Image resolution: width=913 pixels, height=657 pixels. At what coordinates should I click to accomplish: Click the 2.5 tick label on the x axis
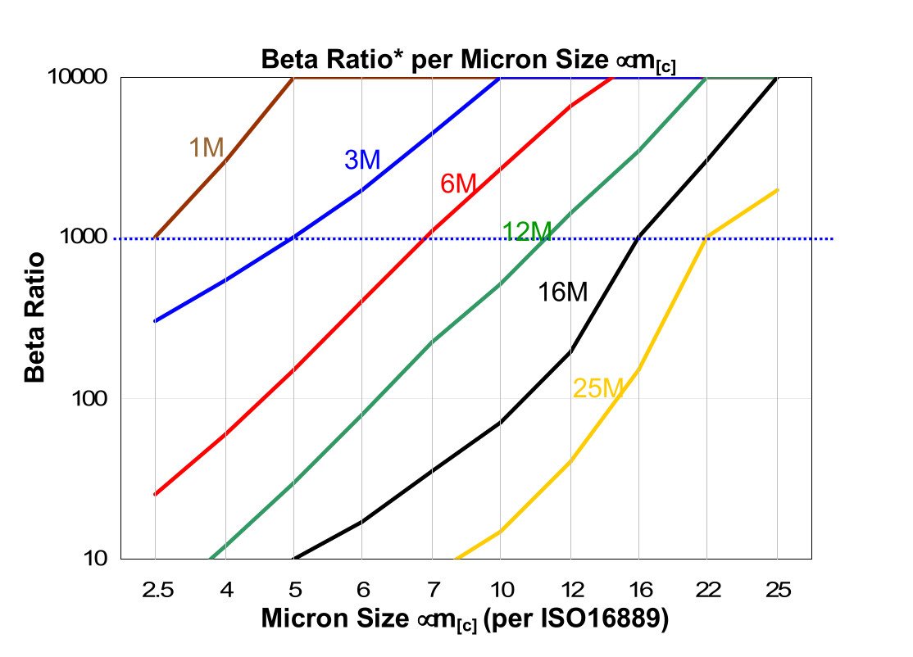coord(155,588)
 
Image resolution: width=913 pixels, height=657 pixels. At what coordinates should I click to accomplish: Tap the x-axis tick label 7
coord(431,588)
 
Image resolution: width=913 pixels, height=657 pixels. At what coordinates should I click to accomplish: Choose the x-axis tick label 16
coord(638,588)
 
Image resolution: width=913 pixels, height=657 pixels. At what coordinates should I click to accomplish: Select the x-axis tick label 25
coord(776,588)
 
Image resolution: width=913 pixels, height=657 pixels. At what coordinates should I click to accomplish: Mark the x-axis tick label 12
coord(570,588)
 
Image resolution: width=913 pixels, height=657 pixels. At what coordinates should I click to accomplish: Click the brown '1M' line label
coord(207,147)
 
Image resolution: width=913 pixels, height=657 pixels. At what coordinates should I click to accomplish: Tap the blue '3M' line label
coord(362,160)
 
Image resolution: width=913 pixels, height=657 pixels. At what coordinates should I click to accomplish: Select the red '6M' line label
coord(458,184)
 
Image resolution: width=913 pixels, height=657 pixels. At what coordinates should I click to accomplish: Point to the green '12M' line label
coord(527,233)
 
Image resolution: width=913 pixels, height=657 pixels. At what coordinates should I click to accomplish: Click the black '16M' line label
coord(563,292)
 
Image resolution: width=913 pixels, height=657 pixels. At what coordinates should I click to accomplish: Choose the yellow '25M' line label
coord(598,388)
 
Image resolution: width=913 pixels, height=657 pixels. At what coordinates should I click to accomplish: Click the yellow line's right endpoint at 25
coord(777,190)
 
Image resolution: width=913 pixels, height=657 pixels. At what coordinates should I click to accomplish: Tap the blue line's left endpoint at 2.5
coord(155,321)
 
